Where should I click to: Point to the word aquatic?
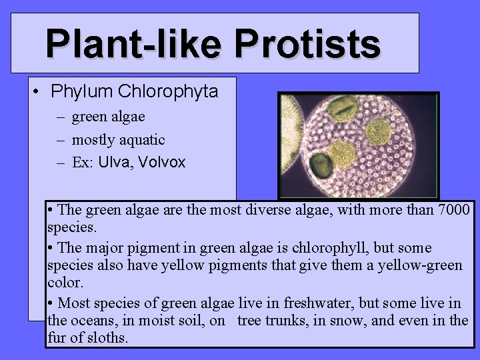[x=141, y=140]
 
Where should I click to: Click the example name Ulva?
[x=114, y=162]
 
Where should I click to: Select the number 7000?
[x=454, y=210]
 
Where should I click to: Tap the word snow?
[x=351, y=321]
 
